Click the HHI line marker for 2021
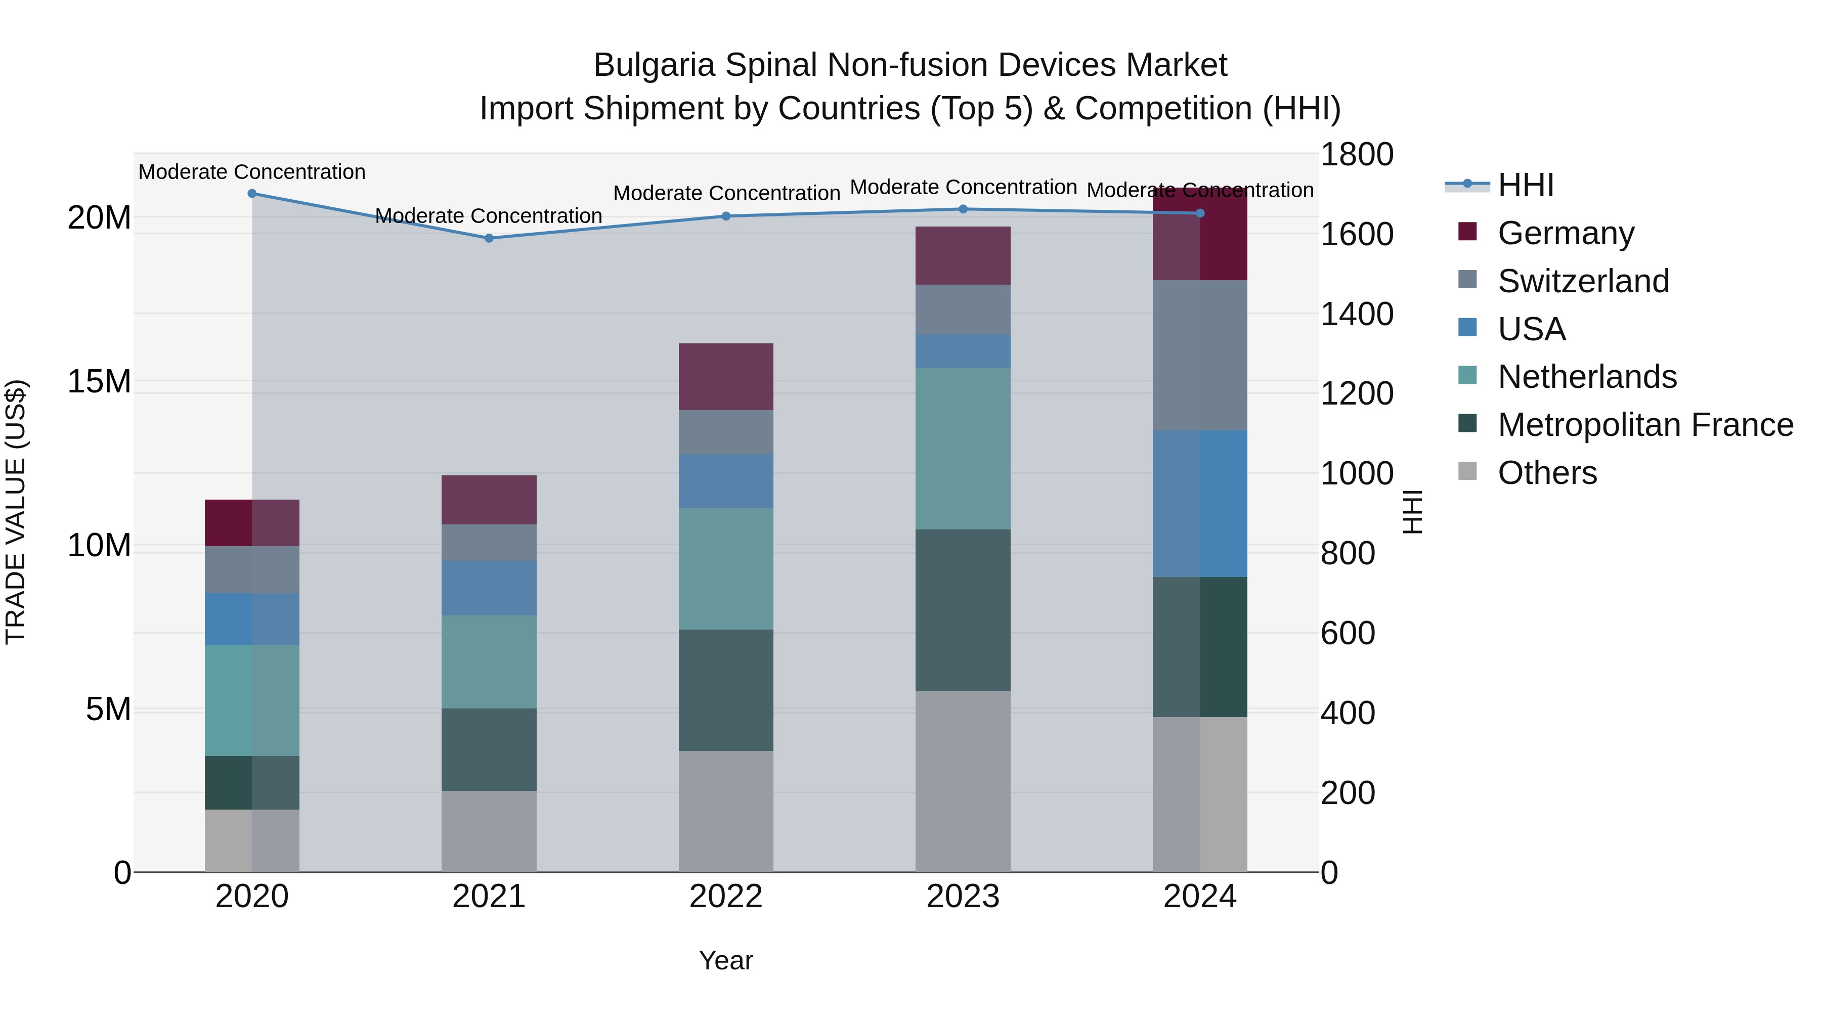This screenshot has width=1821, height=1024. tap(489, 238)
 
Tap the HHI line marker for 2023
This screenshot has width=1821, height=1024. tap(963, 209)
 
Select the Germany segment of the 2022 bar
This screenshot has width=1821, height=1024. tap(726, 377)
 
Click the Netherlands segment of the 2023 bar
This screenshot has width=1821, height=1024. tap(963, 448)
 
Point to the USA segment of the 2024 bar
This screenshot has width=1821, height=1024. tap(1200, 503)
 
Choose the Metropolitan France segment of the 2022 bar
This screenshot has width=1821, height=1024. tap(726, 690)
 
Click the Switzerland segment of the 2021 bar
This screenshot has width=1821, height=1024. tap(489, 543)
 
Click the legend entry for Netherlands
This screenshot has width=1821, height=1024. tap(1587, 377)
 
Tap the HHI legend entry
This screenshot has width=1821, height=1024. tap(1526, 185)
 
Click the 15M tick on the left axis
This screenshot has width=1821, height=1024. tap(99, 382)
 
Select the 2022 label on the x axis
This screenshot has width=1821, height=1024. tap(726, 897)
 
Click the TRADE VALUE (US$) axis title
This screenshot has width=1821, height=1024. tap(16, 512)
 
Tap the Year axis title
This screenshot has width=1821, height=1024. tap(726, 960)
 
